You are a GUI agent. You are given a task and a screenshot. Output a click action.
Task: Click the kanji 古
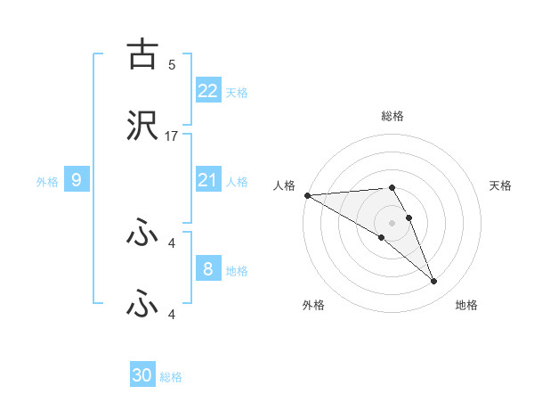pyautogui.click(x=142, y=54)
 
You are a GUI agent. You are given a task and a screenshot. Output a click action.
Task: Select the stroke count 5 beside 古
pyautogui.click(x=171, y=64)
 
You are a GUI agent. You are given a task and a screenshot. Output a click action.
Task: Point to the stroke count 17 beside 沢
pyautogui.click(x=172, y=136)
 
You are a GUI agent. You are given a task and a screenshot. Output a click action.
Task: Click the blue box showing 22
pyautogui.click(x=208, y=90)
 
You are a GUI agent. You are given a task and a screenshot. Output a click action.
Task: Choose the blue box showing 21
pyautogui.click(x=208, y=180)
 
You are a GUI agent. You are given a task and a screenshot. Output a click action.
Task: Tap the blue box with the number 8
pyautogui.click(x=208, y=269)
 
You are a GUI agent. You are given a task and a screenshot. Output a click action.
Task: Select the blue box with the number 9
pyautogui.click(x=77, y=180)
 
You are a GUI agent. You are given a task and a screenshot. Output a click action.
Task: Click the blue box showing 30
pyautogui.click(x=142, y=375)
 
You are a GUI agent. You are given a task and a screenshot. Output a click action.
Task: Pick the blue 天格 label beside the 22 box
pyautogui.click(x=237, y=92)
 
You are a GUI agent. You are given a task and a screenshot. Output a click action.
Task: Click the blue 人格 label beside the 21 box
pyautogui.click(x=237, y=181)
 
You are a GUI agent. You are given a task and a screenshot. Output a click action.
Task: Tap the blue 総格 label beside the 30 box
pyautogui.click(x=171, y=377)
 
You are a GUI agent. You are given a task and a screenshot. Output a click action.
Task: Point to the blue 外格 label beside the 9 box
pyautogui.click(x=47, y=181)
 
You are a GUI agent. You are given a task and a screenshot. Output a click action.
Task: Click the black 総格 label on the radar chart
pyautogui.click(x=392, y=116)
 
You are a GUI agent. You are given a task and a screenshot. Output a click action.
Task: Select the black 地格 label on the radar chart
pyautogui.click(x=466, y=305)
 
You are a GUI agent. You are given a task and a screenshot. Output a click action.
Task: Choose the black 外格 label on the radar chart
pyautogui.click(x=313, y=305)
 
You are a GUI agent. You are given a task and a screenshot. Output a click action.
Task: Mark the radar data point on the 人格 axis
pyautogui.click(x=307, y=194)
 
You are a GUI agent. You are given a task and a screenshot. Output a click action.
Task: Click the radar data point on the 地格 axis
pyautogui.click(x=433, y=282)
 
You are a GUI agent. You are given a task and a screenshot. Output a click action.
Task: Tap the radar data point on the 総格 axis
pyautogui.click(x=392, y=187)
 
